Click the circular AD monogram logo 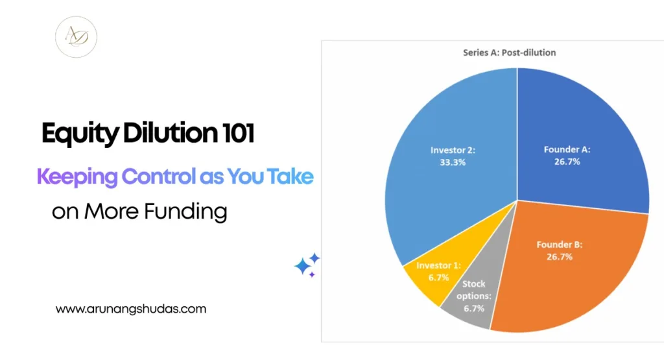point(77,37)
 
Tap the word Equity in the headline point(80,134)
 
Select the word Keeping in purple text point(77,178)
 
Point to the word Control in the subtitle point(159,176)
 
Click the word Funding point(185,211)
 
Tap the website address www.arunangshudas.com point(131,309)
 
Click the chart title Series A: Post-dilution point(510,53)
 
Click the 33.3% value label point(453,162)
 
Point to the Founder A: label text point(567,149)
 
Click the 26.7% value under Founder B point(560,257)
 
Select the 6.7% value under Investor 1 point(438,278)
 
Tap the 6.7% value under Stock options point(474,308)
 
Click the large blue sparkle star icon point(303,267)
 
